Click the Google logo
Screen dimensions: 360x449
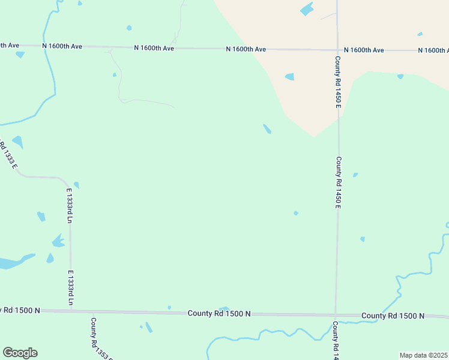pyautogui.click(x=20, y=353)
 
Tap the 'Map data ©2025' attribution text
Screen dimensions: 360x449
pyautogui.click(x=424, y=355)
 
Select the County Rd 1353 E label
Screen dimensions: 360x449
pyautogui.click(x=95, y=338)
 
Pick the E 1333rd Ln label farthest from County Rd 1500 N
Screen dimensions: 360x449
pyautogui.click(x=69, y=206)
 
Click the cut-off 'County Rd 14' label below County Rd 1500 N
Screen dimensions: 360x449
pyautogui.click(x=336, y=340)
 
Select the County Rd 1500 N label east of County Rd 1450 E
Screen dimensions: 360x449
pyautogui.click(x=393, y=316)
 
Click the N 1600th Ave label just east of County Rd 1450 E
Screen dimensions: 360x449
pyautogui.click(x=364, y=50)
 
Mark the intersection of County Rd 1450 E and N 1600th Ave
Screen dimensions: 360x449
pyautogui.click(x=337, y=50)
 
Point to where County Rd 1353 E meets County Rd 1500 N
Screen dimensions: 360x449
pyautogui.click(x=90, y=311)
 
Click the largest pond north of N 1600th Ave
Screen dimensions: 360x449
pyautogui.click(x=307, y=9)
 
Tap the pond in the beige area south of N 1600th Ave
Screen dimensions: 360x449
pyautogui.click(x=289, y=77)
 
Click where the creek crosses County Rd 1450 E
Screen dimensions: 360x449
pyautogui.click(x=336, y=323)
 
